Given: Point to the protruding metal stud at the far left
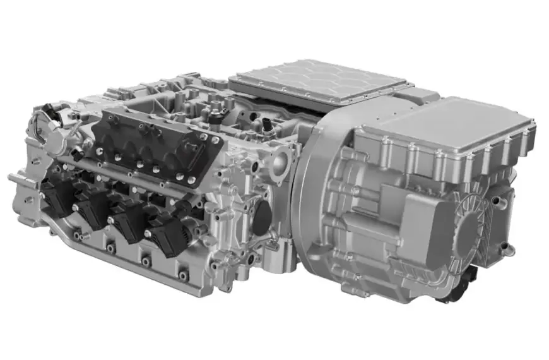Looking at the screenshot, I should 16,179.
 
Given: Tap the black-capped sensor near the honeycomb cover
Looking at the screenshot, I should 269,124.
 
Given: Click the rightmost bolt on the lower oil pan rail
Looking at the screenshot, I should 184,276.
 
